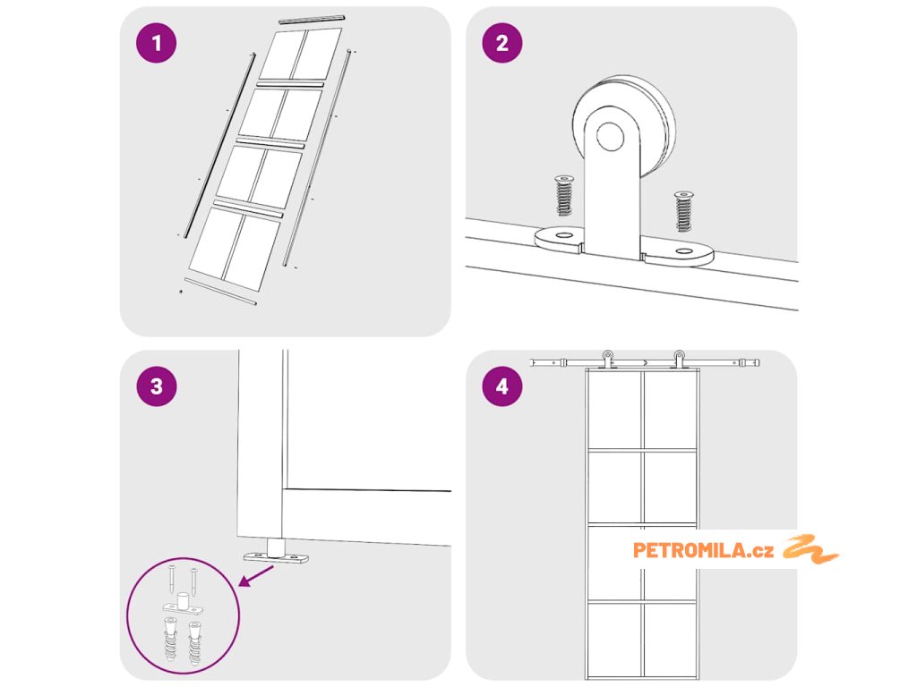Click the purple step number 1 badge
click(158, 44)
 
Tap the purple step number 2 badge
click(501, 44)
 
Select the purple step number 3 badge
click(158, 386)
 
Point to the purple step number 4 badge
click(501, 386)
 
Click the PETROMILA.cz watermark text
click(703, 550)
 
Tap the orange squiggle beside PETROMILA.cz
click(810, 549)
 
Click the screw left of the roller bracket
click(564, 195)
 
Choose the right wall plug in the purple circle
click(194, 641)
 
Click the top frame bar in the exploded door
click(311, 19)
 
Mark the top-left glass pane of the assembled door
click(614, 410)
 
